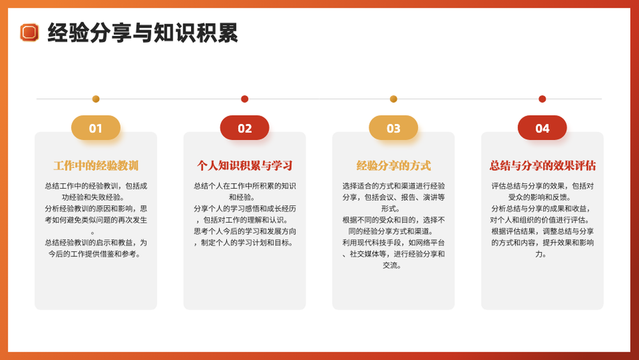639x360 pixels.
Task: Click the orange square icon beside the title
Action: [29, 33]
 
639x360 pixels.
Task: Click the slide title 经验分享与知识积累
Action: [142, 33]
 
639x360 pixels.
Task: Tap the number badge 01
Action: [96, 128]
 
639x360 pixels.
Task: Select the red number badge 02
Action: [245, 128]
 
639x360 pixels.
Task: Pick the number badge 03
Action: [393, 128]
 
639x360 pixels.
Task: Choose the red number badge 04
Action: [542, 128]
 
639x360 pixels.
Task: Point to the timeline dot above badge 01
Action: [96, 98]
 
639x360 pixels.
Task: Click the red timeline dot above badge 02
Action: [245, 98]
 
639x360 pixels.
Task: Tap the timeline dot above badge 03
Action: [393, 98]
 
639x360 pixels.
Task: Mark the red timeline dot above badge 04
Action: [542, 98]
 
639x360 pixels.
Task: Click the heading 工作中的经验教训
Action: [96, 166]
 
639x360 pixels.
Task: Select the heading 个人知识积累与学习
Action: [245, 166]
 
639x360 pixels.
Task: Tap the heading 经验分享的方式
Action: [393, 166]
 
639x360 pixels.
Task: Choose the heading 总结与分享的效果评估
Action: [543, 166]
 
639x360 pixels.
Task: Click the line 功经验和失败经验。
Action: [93, 198]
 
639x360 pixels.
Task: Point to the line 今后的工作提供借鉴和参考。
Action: [95, 254]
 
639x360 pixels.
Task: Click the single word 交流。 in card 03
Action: [392, 265]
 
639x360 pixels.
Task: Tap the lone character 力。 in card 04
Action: [541, 254]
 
